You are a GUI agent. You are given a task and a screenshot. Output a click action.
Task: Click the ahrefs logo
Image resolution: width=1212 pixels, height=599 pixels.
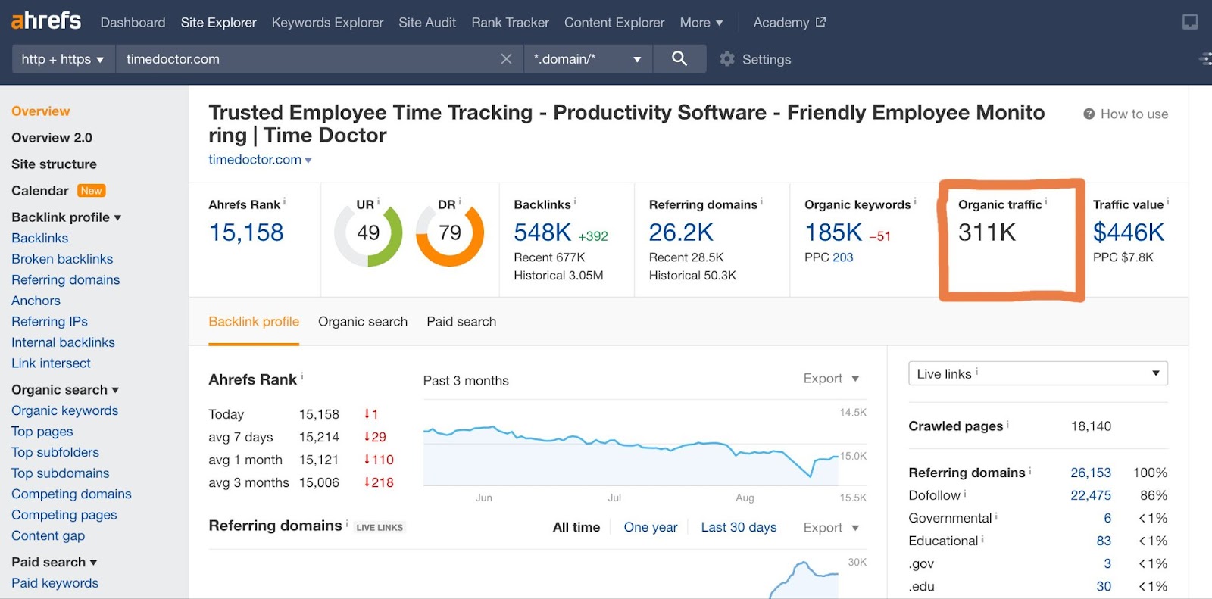46,20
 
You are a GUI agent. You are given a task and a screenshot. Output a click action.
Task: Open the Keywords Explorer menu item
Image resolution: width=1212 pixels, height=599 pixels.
327,23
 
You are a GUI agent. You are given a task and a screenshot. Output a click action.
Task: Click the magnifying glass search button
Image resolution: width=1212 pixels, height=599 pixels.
679,58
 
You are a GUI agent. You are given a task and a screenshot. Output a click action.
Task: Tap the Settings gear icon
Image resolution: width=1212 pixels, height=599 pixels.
727,59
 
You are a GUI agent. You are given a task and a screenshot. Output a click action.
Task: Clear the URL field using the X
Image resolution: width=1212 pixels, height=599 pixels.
507,59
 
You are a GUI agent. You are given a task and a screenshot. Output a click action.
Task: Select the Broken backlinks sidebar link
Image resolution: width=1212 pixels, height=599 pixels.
62,259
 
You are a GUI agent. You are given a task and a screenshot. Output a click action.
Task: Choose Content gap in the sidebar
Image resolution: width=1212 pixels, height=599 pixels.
48,535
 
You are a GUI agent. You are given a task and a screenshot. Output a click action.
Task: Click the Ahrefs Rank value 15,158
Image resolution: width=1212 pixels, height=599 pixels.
246,232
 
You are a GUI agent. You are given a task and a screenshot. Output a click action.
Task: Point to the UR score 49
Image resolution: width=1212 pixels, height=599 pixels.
368,233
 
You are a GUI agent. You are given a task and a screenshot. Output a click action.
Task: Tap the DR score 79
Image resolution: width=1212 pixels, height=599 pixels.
450,233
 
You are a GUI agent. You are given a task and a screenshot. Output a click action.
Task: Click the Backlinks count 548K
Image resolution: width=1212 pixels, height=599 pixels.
542,232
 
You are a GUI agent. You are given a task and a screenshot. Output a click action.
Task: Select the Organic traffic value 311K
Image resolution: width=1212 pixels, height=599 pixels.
987,232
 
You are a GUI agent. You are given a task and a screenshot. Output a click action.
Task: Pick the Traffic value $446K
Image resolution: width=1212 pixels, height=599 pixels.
1128,232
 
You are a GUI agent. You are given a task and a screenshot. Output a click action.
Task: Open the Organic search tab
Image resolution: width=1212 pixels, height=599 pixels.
363,322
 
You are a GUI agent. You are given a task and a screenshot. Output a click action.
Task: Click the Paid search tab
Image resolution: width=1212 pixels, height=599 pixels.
461,322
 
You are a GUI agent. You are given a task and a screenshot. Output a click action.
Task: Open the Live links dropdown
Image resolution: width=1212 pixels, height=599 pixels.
1038,373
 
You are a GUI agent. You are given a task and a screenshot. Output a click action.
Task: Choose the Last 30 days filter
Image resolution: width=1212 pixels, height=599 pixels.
739,527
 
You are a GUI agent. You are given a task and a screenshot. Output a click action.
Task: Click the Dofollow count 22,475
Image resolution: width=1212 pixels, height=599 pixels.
1090,495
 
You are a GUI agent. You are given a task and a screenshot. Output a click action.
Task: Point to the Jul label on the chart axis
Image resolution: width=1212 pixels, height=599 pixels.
614,498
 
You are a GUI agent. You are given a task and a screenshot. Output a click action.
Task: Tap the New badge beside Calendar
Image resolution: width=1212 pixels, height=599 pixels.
91,191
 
